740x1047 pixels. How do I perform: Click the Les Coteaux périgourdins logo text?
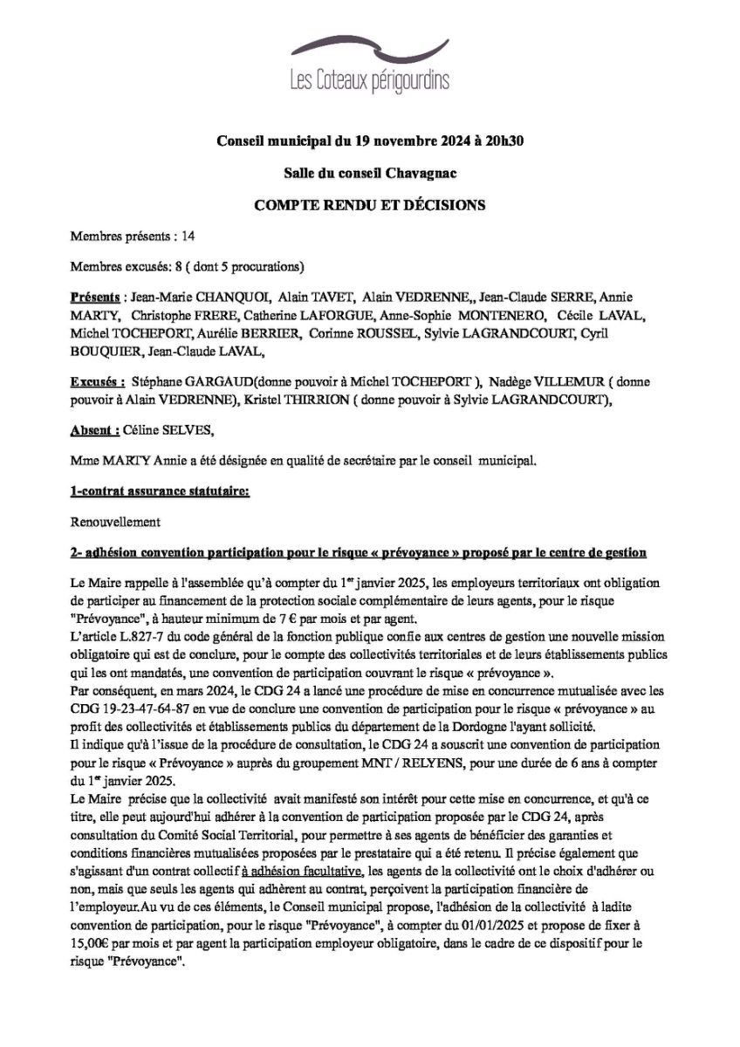pos(370,81)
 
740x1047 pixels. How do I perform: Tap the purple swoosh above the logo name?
pos(369,49)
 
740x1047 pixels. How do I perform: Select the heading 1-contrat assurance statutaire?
pos(160,492)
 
